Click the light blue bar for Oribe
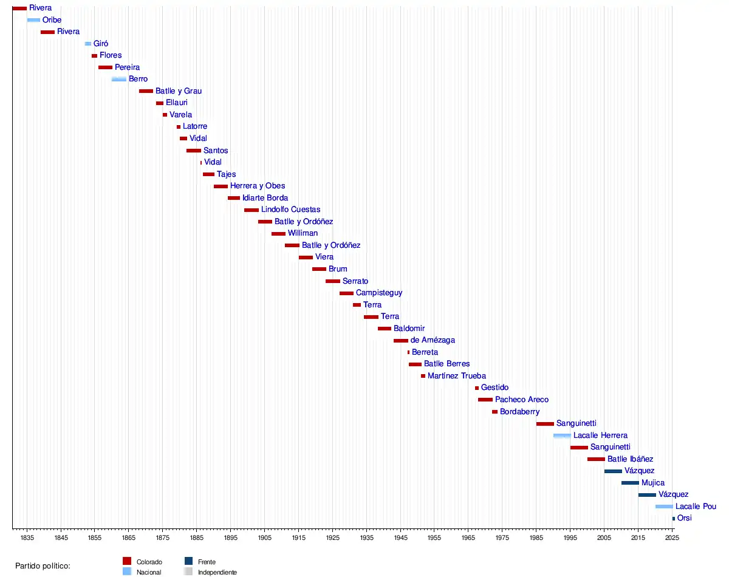(x=33, y=20)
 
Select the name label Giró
(x=101, y=44)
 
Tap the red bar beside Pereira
(x=105, y=67)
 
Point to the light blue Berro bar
(x=119, y=79)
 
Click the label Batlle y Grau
(x=179, y=91)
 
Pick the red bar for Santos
(x=194, y=151)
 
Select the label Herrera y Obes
(x=258, y=186)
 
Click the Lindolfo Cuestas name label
(x=290, y=210)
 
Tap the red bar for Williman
(x=278, y=234)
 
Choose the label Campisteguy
(x=379, y=293)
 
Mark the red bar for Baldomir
(x=385, y=329)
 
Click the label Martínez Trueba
(x=457, y=376)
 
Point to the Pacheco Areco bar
(x=485, y=400)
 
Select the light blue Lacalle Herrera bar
(x=562, y=435)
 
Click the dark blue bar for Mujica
(x=630, y=483)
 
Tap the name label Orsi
(x=684, y=518)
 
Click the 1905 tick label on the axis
(x=264, y=538)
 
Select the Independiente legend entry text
(x=217, y=572)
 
